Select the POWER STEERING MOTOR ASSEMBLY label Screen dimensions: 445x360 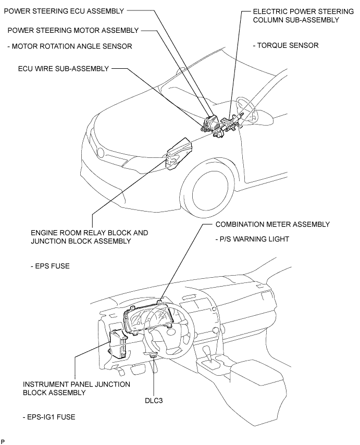click(x=73, y=30)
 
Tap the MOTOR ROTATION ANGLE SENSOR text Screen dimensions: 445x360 click(x=70, y=46)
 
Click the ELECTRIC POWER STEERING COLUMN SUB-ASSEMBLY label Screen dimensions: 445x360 click(x=295, y=15)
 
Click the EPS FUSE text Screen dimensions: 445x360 click(x=50, y=266)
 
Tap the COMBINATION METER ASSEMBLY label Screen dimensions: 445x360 click(x=272, y=224)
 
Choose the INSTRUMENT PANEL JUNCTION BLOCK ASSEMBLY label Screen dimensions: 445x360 click(x=76, y=388)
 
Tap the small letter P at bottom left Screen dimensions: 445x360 click(x=3, y=441)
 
